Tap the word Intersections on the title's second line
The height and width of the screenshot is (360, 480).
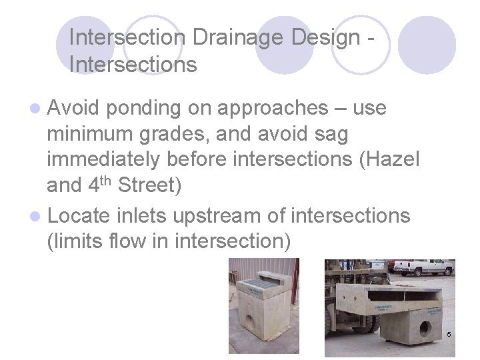tap(133, 65)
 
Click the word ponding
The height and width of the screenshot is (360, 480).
tap(144, 108)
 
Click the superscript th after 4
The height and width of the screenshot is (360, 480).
tap(107, 180)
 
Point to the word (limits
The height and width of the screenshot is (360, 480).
tap(75, 242)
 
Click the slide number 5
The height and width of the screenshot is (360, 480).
tap(449, 333)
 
